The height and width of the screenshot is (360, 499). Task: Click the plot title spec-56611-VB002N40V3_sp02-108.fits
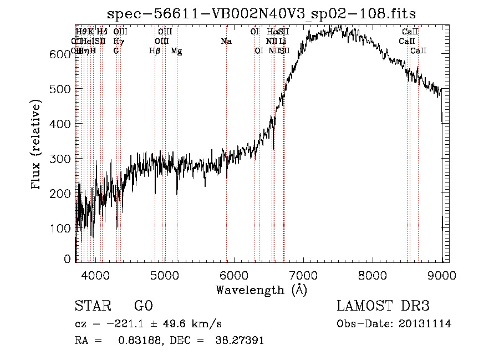261,13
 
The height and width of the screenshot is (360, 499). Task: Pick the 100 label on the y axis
60,228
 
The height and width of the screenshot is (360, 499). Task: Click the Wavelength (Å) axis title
261,290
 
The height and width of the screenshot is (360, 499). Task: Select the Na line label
226,41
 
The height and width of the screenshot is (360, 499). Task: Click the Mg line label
176,50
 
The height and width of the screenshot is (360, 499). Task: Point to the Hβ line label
155,50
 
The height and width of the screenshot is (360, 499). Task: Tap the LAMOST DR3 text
383,306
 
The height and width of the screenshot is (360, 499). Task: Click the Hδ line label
102,32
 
